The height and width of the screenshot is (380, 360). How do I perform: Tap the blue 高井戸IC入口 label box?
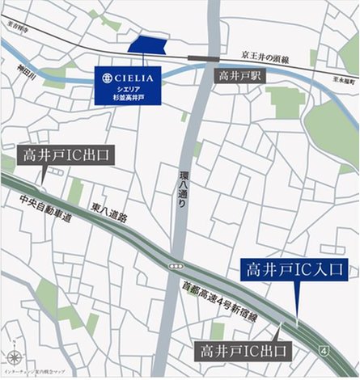[x=297, y=270]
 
